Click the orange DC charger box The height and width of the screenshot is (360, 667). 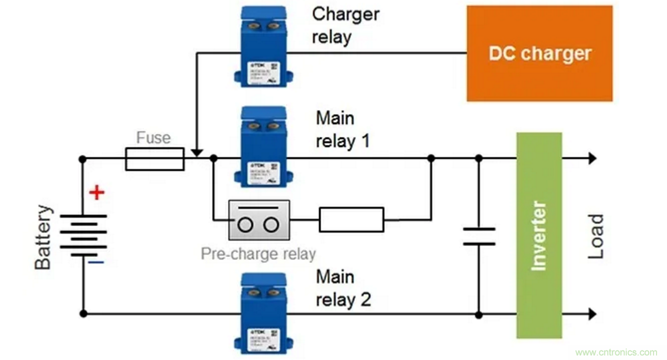(x=539, y=53)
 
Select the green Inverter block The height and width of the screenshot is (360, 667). (x=539, y=235)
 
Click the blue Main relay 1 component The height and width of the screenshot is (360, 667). (x=264, y=147)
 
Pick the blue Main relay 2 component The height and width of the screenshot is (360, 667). (x=264, y=313)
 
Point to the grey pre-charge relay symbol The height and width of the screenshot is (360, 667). (x=259, y=220)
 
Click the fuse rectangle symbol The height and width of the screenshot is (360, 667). (x=155, y=159)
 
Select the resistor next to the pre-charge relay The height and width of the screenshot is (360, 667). (x=351, y=220)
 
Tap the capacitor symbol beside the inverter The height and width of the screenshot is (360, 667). (x=479, y=236)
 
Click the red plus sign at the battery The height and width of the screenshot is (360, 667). (x=97, y=192)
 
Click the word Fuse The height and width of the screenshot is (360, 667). (x=154, y=138)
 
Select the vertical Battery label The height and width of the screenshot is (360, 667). (x=43, y=237)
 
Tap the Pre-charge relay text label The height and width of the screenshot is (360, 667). (x=258, y=254)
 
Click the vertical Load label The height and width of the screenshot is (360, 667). (x=595, y=236)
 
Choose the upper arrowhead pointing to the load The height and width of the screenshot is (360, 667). (x=592, y=159)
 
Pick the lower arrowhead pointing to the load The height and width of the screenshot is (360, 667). (x=592, y=314)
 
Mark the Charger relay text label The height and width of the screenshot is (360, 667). (x=345, y=25)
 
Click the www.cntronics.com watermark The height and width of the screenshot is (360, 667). (x=616, y=352)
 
